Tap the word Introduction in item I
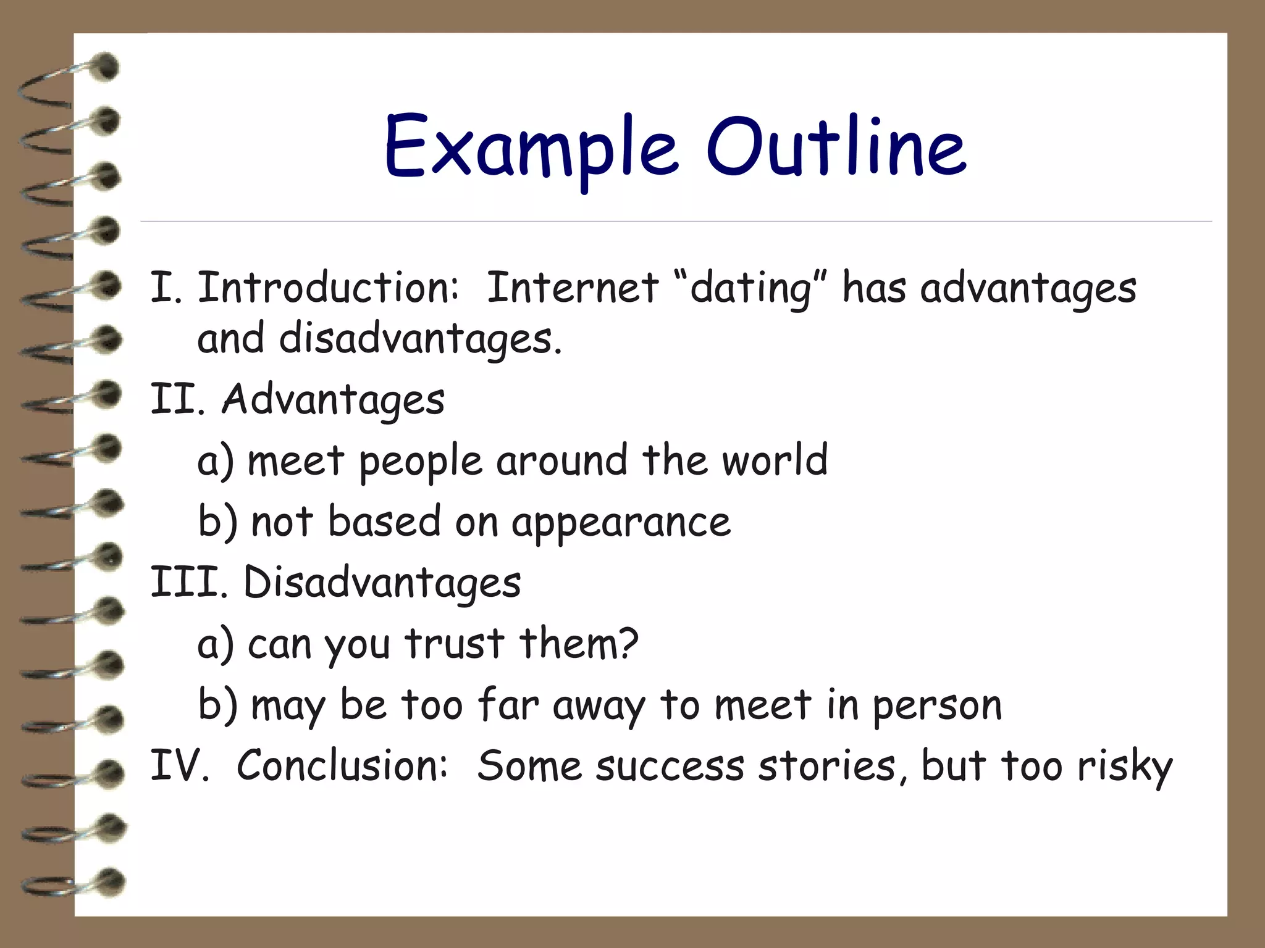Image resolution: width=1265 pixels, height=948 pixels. tap(327, 288)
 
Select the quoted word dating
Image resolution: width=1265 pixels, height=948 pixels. tap(750, 289)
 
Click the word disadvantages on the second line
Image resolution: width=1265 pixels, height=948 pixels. tap(420, 339)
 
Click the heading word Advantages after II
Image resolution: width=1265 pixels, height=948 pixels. tap(333, 400)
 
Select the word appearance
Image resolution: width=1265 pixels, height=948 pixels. tap(621, 523)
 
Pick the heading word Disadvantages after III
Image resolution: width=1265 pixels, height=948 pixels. tap(382, 583)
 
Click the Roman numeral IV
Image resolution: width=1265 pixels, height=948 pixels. tap(180, 765)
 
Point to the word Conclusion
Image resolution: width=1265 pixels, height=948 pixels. tap(341, 765)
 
